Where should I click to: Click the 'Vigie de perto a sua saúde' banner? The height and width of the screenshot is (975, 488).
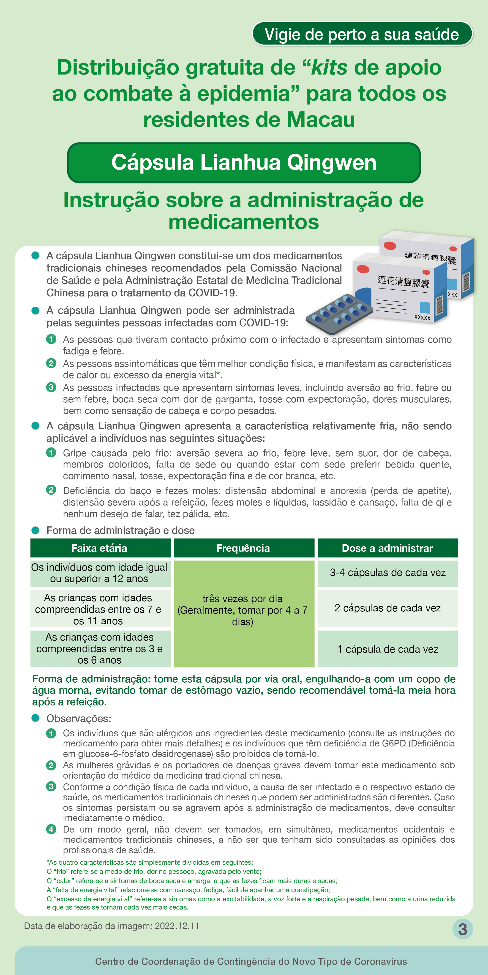pyautogui.click(x=362, y=34)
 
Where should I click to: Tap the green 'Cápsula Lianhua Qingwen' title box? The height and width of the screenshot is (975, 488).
pyautogui.click(x=244, y=163)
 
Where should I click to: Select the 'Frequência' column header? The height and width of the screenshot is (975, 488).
pyautogui.click(x=244, y=548)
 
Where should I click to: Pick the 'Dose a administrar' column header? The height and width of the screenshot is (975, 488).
pyautogui.click(x=387, y=548)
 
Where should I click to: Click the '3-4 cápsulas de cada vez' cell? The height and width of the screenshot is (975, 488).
pyautogui.click(x=387, y=573)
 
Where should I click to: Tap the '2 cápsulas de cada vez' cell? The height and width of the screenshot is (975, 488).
pyautogui.click(x=387, y=608)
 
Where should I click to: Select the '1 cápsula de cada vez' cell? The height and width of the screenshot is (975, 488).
pyautogui.click(x=387, y=649)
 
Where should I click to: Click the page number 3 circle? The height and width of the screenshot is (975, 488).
pyautogui.click(x=463, y=929)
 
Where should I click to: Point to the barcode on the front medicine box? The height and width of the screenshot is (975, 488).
pyautogui.click(x=440, y=305)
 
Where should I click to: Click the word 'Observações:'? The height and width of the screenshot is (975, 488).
pyautogui.click(x=79, y=718)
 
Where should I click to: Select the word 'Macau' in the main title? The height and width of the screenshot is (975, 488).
pyautogui.click(x=321, y=120)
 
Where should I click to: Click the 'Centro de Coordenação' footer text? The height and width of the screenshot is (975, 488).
pyautogui.click(x=251, y=961)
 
